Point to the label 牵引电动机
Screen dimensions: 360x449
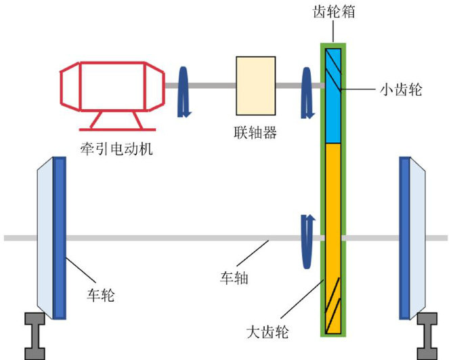(x=115, y=147)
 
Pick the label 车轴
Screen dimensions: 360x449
(x=235, y=277)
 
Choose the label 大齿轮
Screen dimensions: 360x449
(x=268, y=332)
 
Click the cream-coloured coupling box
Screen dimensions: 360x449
(x=255, y=84)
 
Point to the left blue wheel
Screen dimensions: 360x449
(x=60, y=237)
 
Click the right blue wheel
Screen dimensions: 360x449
(x=405, y=237)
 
